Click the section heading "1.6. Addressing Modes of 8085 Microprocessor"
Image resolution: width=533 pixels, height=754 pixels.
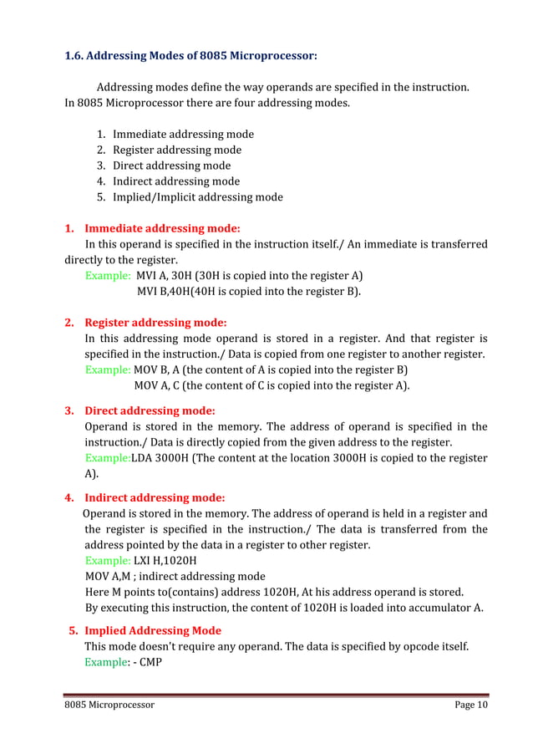pos(190,57)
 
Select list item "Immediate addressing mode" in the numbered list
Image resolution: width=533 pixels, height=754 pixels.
pos(183,134)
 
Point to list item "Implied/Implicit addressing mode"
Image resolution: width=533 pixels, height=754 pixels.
pos(197,197)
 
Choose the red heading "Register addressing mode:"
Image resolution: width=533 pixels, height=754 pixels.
pos(155,322)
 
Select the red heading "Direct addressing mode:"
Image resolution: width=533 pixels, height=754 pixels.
pos(150,410)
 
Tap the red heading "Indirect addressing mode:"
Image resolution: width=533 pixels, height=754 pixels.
pos(155,497)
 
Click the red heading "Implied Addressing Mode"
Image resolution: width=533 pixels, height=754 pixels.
pos(153,630)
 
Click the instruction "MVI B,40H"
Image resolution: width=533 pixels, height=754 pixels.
pos(164,292)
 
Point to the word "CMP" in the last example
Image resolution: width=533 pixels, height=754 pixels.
pos(150,662)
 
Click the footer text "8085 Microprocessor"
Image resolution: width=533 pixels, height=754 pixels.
pos(110,705)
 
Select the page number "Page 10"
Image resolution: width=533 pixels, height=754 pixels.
pos(471,705)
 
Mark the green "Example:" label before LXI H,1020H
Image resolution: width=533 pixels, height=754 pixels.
pos(108,560)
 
